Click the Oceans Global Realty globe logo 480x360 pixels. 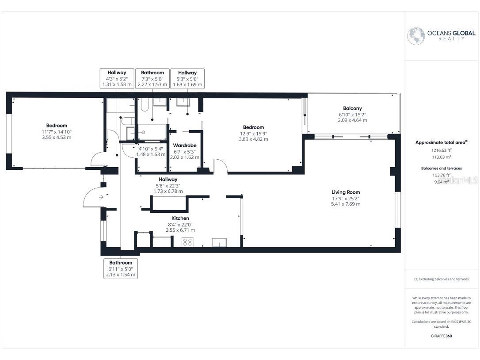(416, 36)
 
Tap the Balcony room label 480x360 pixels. (352, 108)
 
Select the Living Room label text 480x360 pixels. (346, 192)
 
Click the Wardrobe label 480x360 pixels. (185, 146)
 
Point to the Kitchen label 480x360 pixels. (180, 218)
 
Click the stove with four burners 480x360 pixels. (187, 242)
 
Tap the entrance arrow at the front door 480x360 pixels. (101, 197)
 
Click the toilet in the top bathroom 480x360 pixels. (144, 105)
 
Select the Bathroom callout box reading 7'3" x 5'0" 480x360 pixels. (152, 78)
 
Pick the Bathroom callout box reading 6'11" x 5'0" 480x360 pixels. (121, 269)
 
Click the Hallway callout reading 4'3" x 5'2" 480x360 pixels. (117, 78)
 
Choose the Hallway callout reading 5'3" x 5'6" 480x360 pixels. (187, 78)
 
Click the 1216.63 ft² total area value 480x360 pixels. (442, 150)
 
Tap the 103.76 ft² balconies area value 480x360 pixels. (442, 175)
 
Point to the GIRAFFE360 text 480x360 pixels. (442, 336)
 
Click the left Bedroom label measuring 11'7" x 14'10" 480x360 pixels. (57, 126)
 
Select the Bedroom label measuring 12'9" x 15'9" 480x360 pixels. (253, 127)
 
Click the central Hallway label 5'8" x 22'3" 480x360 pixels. (168, 180)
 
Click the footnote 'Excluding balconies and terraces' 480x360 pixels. (442, 279)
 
